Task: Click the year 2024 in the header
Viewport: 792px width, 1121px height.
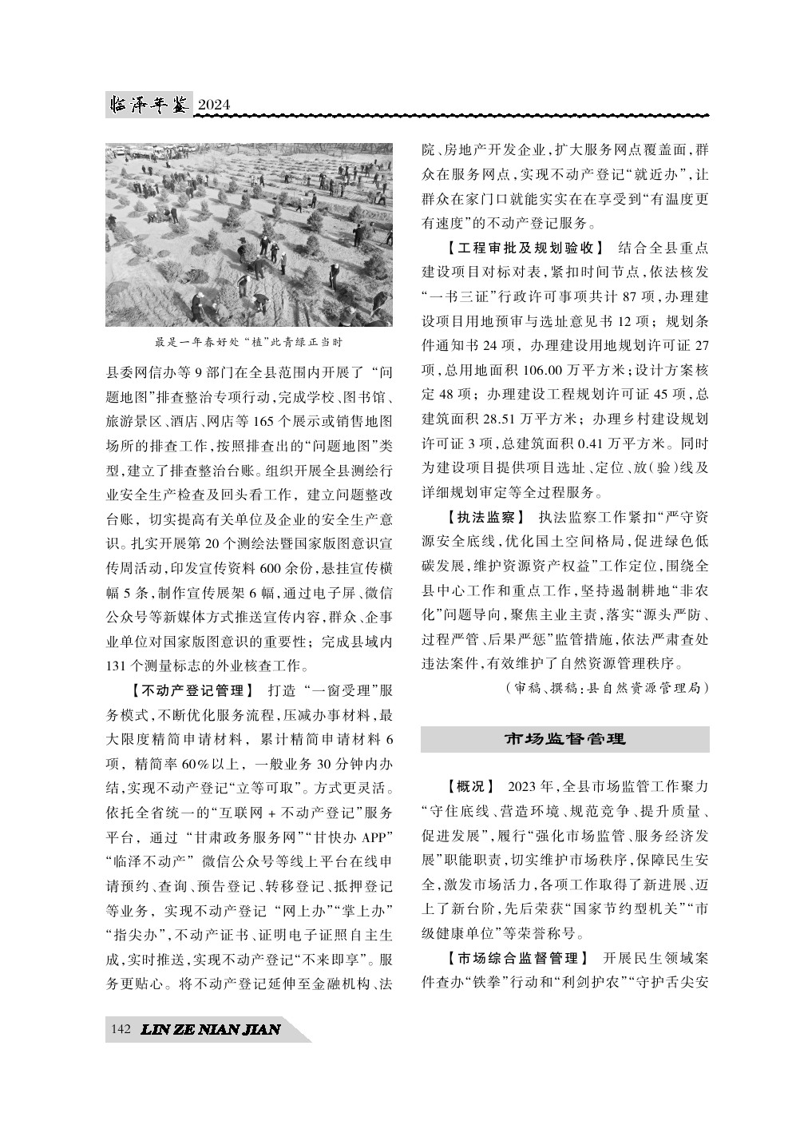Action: pyautogui.click(x=213, y=105)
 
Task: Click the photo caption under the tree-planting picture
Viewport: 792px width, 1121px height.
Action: pyautogui.click(x=248, y=342)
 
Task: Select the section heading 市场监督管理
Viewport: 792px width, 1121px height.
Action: pyautogui.click(x=564, y=739)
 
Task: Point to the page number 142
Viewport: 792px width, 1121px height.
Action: pyautogui.click(x=121, y=1029)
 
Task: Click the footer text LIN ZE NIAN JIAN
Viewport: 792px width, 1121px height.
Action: pyautogui.click(x=210, y=1030)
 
